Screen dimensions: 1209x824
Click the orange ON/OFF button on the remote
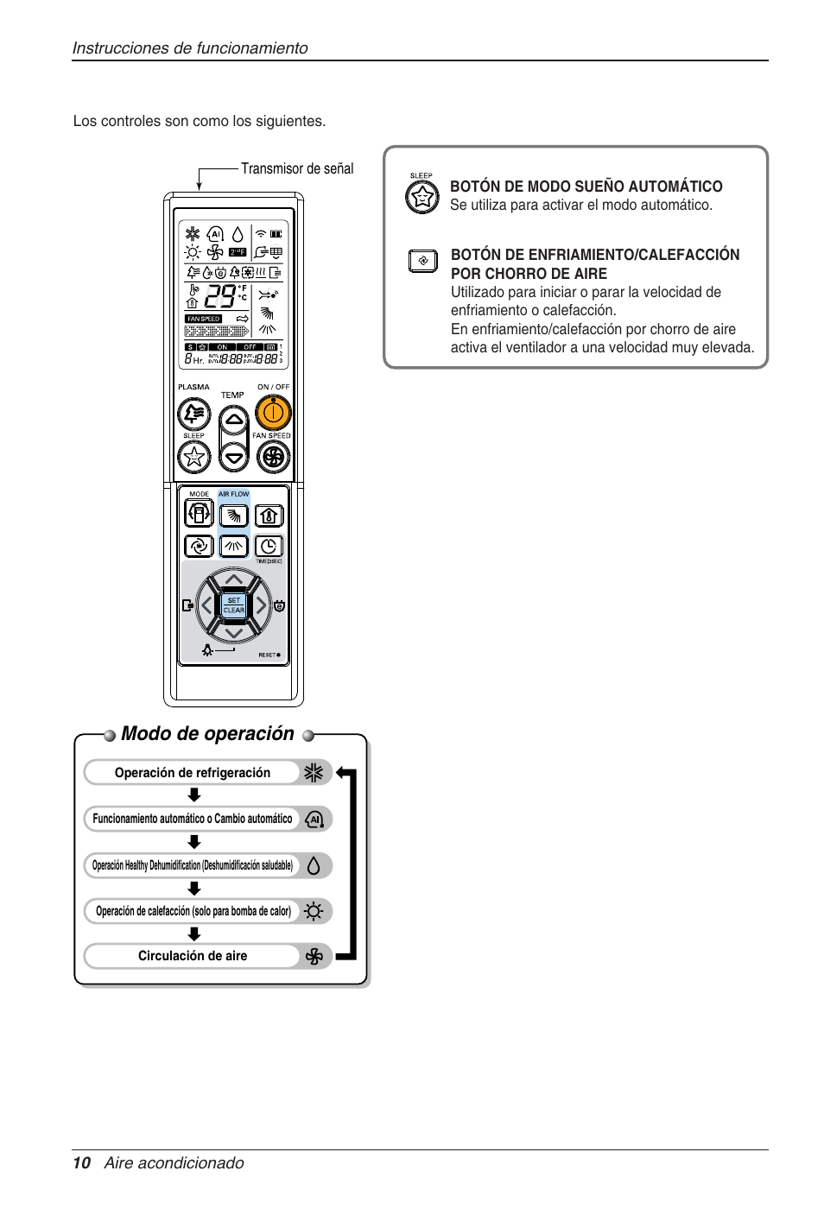pyautogui.click(x=272, y=414)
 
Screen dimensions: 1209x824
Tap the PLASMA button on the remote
pyautogui.click(x=194, y=414)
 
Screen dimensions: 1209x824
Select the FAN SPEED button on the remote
pyautogui.click(x=273, y=457)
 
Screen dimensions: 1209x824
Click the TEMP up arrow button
pyautogui.click(x=234, y=421)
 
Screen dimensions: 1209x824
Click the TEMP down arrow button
pyautogui.click(x=234, y=457)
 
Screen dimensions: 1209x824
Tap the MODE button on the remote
pyautogui.click(x=199, y=514)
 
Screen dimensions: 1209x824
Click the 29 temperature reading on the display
pyautogui.click(x=219, y=297)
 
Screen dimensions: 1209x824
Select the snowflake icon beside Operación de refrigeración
pyautogui.click(x=314, y=772)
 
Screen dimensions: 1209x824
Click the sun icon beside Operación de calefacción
pyautogui.click(x=314, y=911)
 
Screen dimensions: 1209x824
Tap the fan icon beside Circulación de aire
pyautogui.click(x=314, y=956)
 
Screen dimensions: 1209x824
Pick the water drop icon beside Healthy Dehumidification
pyautogui.click(x=314, y=865)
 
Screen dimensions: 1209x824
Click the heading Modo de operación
pyautogui.click(x=207, y=734)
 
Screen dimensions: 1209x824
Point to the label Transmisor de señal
pyautogui.click(x=297, y=169)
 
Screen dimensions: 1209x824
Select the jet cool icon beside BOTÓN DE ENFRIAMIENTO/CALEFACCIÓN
pyautogui.click(x=423, y=260)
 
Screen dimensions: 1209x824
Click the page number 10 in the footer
pyautogui.click(x=81, y=1163)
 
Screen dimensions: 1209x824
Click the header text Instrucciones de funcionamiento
pyautogui.click(x=190, y=48)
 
